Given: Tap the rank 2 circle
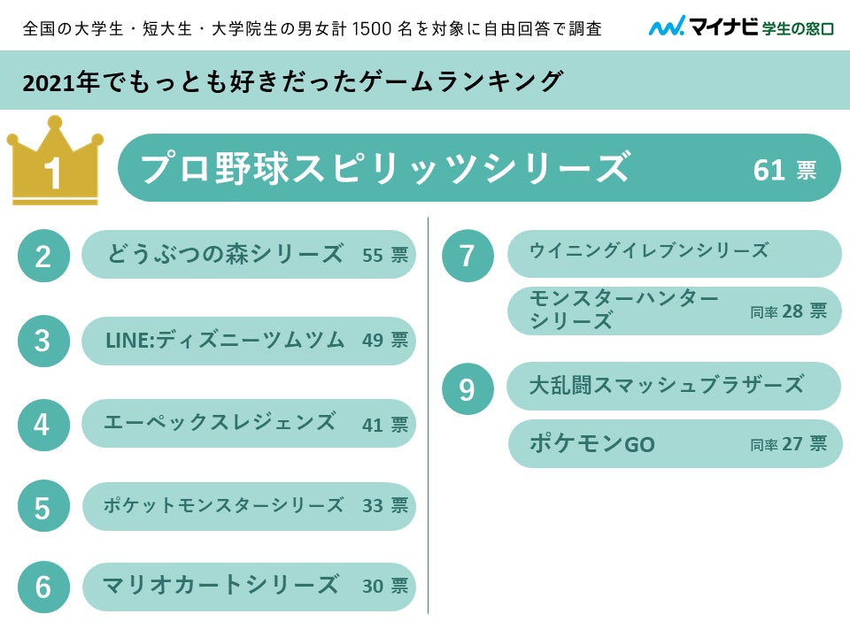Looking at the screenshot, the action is click(x=42, y=256).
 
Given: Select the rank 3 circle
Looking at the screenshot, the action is click(x=42, y=341).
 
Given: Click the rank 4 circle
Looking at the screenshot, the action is click(x=42, y=425).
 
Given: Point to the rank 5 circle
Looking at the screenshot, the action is click(x=42, y=508).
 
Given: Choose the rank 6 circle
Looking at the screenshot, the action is click(x=42, y=587).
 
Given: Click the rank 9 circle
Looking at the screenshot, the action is click(x=467, y=389).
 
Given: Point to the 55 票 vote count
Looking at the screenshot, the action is click(x=385, y=256).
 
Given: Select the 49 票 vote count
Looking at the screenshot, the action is click(x=385, y=341).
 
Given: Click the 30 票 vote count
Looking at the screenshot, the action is click(x=385, y=587).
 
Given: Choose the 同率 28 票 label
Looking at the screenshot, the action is click(x=788, y=311).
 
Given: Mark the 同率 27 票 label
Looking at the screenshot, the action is click(x=788, y=444).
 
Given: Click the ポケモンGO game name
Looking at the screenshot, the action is click(x=592, y=444).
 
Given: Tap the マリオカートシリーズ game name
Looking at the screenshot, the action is click(x=220, y=586).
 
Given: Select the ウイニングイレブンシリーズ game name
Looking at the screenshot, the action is click(x=649, y=251).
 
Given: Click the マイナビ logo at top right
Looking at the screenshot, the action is click(x=741, y=27).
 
